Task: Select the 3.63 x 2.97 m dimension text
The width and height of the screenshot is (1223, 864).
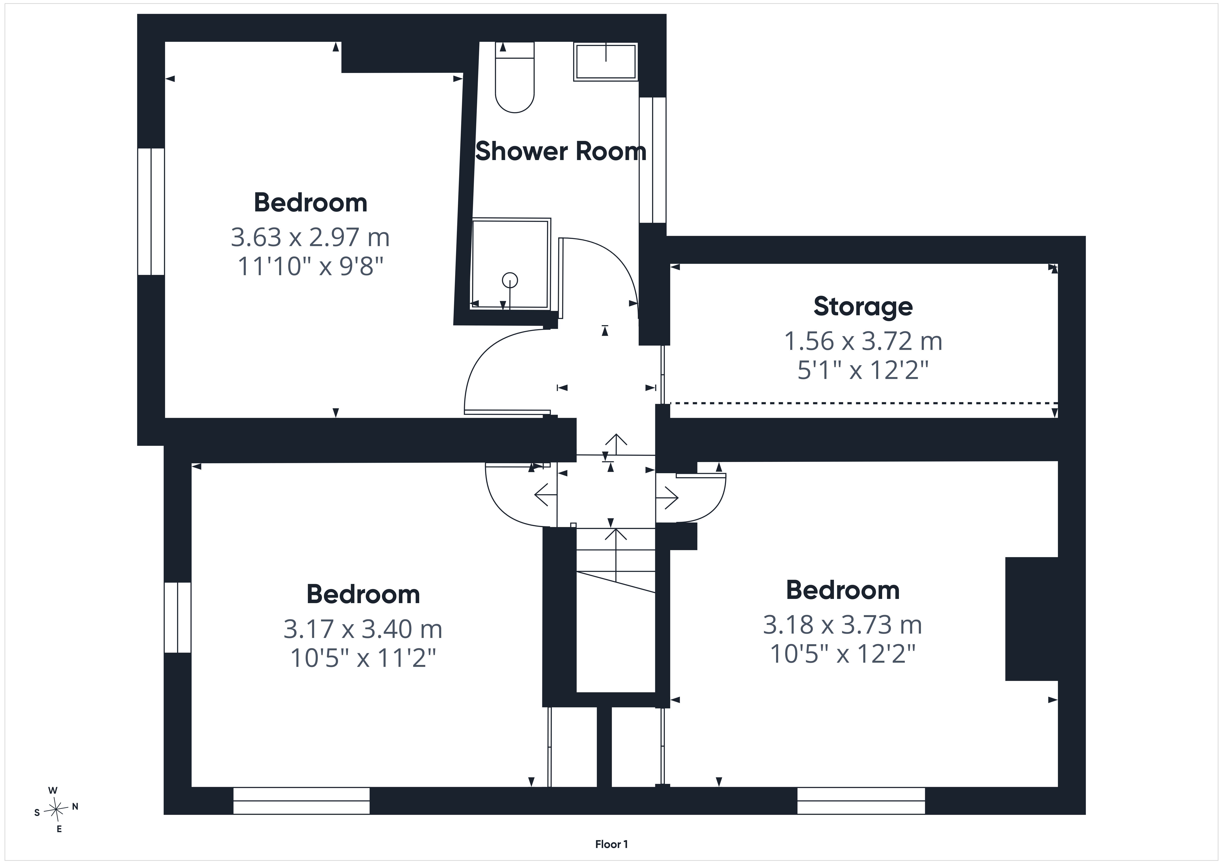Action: (x=310, y=237)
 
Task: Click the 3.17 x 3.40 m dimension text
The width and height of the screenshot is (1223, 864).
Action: (x=363, y=629)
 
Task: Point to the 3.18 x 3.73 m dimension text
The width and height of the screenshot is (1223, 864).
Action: (x=843, y=625)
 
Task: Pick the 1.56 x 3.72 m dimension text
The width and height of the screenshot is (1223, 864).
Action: (x=863, y=341)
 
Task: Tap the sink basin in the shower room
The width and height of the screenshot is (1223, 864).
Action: (x=606, y=62)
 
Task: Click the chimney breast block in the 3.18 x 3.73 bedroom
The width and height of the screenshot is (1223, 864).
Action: (x=1031, y=619)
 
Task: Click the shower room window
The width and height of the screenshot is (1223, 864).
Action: (x=652, y=160)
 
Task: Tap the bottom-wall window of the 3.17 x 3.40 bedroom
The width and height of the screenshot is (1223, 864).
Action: (x=302, y=801)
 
